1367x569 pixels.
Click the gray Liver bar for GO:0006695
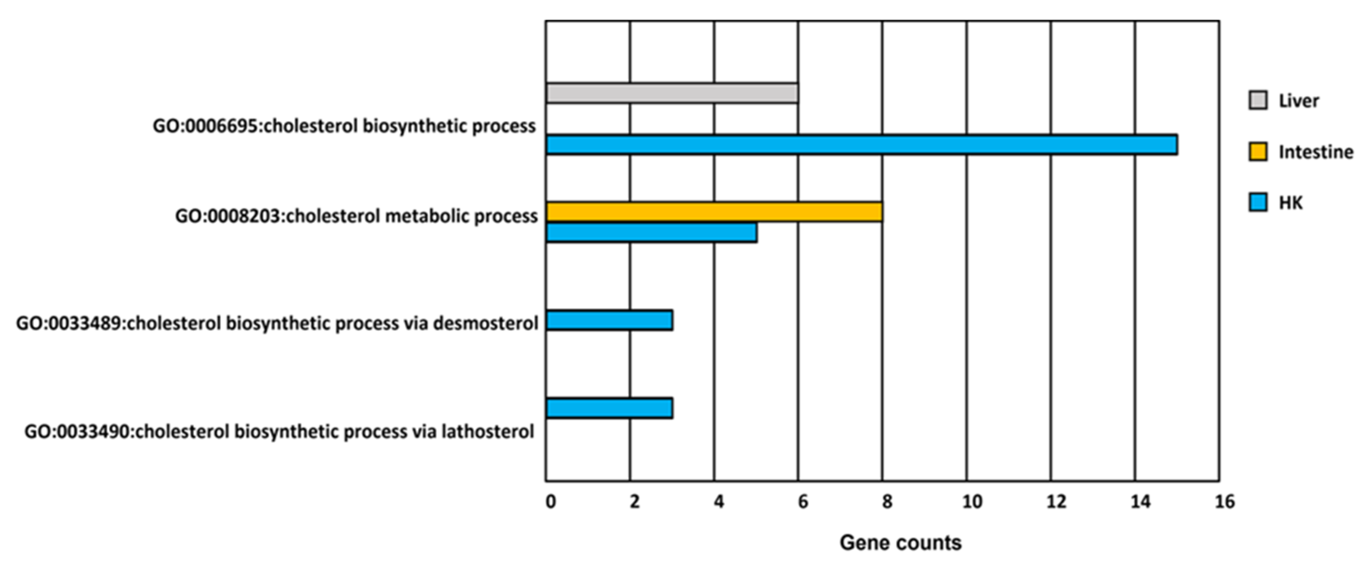(x=672, y=93)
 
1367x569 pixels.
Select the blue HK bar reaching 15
(x=861, y=145)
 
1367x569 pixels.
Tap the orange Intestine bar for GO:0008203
(x=714, y=212)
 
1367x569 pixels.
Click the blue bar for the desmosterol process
(x=609, y=321)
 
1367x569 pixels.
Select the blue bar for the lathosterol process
(x=609, y=408)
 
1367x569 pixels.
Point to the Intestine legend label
(x=1315, y=152)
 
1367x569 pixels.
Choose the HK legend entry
(x=1290, y=203)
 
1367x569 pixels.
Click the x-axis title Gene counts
(x=901, y=542)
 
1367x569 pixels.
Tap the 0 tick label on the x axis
(x=551, y=502)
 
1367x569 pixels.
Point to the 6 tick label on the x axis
(x=803, y=502)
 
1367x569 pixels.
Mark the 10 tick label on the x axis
(x=972, y=502)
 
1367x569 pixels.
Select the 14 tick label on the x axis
(x=1141, y=502)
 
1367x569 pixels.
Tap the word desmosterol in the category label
(x=485, y=323)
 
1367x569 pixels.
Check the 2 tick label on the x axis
(x=635, y=502)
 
